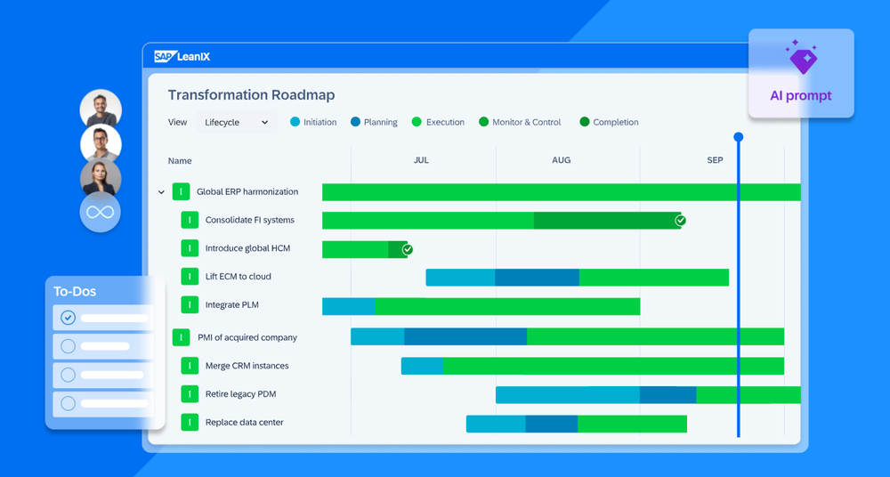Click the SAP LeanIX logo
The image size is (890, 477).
182,57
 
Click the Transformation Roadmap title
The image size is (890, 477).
251,95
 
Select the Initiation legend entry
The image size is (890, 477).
313,122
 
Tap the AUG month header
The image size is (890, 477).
561,160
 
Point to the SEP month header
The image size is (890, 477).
715,160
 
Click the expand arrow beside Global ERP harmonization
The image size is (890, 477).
161,192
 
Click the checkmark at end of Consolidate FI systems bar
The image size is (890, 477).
680,220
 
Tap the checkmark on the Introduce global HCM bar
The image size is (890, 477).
408,249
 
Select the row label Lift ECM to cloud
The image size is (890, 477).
238,277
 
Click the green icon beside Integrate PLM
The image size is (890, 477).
190,305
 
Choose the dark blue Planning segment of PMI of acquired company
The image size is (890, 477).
465,336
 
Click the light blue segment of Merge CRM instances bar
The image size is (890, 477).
422,366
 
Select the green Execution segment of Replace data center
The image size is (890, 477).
632,424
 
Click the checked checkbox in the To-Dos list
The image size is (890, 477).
68,318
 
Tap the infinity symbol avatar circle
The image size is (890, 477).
100,213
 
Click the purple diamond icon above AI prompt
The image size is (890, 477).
802,60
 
